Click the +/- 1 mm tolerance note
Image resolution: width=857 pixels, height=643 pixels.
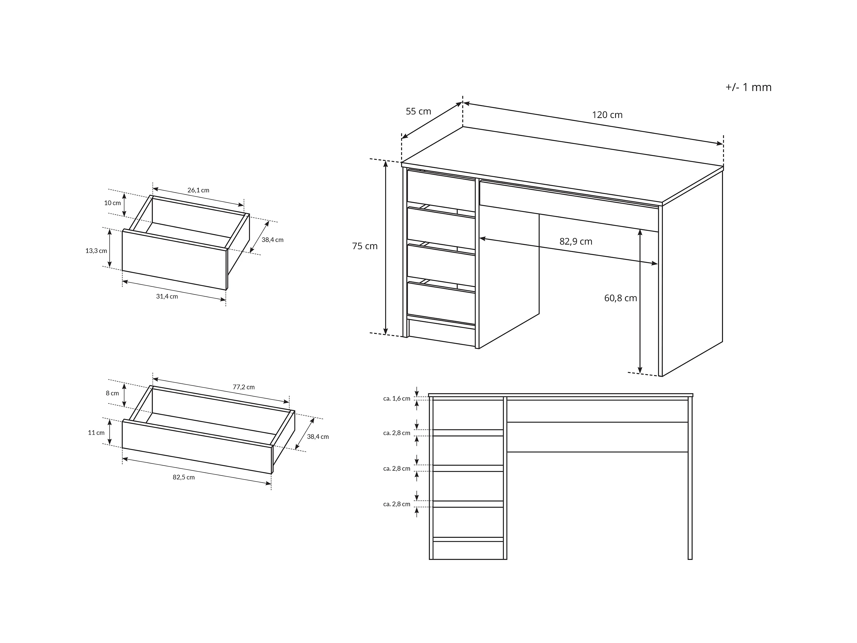[748, 87]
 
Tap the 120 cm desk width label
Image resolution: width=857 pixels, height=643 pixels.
[607, 115]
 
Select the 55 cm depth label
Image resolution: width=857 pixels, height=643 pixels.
[418, 111]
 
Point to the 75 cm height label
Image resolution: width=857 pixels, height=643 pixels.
[365, 246]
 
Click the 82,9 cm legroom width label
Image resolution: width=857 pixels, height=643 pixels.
[576, 241]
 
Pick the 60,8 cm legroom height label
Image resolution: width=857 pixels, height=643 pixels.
[620, 298]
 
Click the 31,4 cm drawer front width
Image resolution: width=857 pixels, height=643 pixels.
[167, 297]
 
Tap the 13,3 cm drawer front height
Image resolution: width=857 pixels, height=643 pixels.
[96, 251]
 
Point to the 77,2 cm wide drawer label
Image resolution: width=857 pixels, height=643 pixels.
[244, 387]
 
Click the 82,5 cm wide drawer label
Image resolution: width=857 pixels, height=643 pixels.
[184, 477]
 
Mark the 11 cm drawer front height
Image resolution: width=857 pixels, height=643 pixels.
[96, 433]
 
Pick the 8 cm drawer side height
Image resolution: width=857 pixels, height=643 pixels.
[112, 393]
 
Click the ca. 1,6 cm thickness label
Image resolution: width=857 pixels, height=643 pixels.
[397, 398]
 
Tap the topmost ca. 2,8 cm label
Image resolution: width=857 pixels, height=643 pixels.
[397, 433]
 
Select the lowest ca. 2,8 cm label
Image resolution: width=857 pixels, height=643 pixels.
[397, 504]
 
